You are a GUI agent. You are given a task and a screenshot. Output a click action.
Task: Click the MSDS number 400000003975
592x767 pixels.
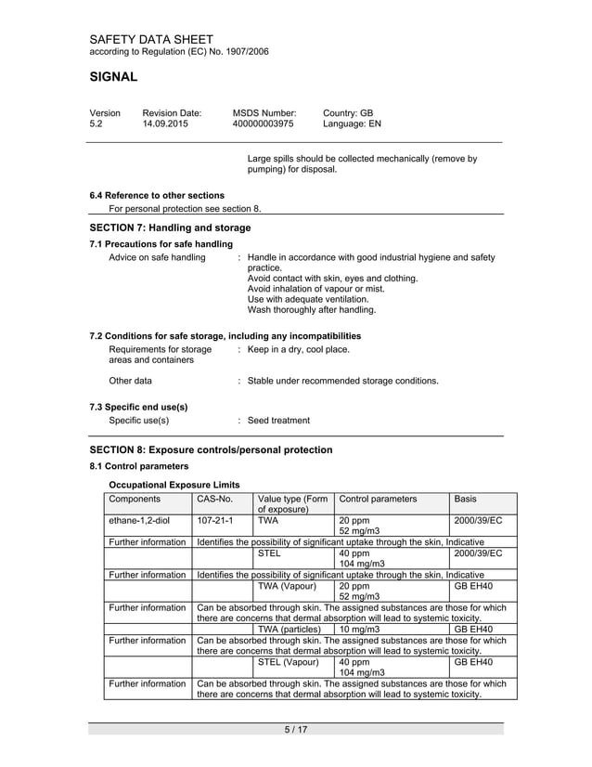[263, 123]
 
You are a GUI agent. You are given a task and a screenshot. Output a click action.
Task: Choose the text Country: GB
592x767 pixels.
[348, 111]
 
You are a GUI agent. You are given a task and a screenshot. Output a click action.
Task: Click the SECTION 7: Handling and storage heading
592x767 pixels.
[170, 227]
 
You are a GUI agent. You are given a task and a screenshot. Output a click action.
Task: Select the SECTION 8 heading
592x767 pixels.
[211, 449]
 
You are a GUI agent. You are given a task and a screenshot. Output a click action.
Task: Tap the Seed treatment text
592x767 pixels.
[278, 420]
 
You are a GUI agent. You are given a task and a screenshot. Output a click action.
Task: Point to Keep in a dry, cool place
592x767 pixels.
[299, 349]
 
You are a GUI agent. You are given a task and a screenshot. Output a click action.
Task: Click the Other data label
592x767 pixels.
[131, 381]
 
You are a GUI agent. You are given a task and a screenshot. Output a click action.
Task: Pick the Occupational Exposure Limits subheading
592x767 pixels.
[174, 485]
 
